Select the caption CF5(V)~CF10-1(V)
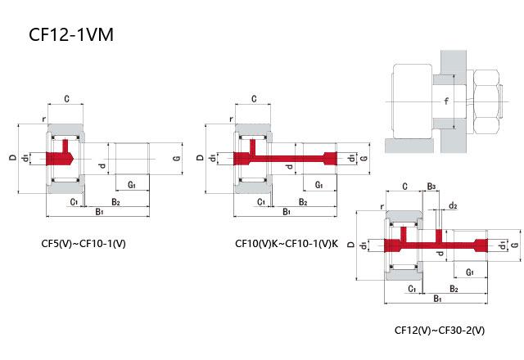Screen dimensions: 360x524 (x=84, y=243)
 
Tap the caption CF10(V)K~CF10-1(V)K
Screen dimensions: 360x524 (x=286, y=243)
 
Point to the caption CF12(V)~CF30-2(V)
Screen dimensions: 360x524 (x=439, y=331)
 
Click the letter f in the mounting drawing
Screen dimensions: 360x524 (x=445, y=101)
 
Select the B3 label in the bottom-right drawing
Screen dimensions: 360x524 (x=431, y=187)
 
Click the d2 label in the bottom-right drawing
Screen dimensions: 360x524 (x=453, y=205)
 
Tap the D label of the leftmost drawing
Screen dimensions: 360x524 (x=12, y=157)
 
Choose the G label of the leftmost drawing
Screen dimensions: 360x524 (x=176, y=157)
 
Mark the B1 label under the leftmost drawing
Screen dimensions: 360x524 (x=98, y=212)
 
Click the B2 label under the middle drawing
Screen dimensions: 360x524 (x=303, y=201)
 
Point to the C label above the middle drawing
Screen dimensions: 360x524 (x=255, y=99)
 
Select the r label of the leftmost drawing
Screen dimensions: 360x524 (x=43, y=117)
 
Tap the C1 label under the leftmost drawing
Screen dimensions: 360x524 (x=73, y=201)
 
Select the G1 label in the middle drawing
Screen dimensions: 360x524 (x=319, y=185)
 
